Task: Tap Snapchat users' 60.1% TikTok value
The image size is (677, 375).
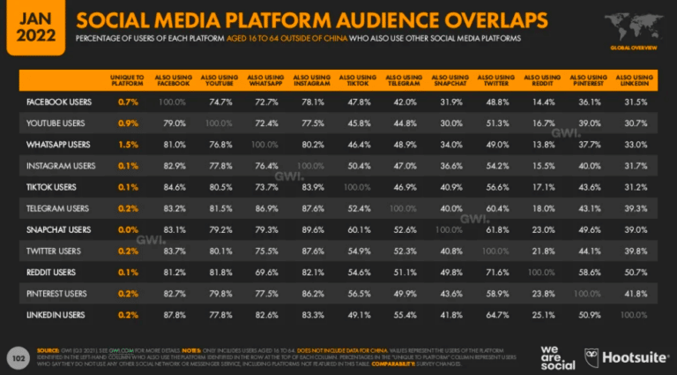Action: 356,229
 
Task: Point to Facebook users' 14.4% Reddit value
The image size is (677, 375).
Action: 541,102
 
